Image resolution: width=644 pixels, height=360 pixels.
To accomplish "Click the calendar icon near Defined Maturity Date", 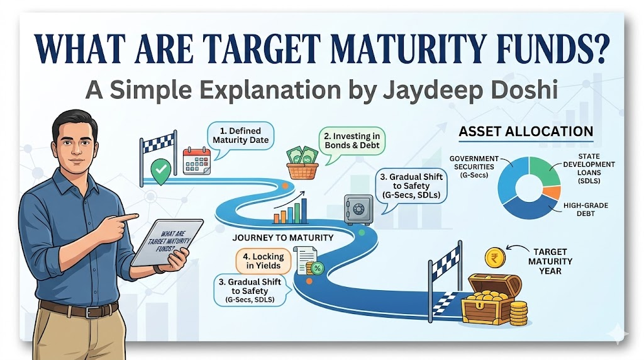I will (195, 160).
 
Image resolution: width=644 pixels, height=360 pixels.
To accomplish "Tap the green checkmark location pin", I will (160, 168).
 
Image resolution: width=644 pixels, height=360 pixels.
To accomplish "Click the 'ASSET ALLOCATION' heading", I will (526, 132).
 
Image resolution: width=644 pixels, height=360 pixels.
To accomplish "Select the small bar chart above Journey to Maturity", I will (291, 211).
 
